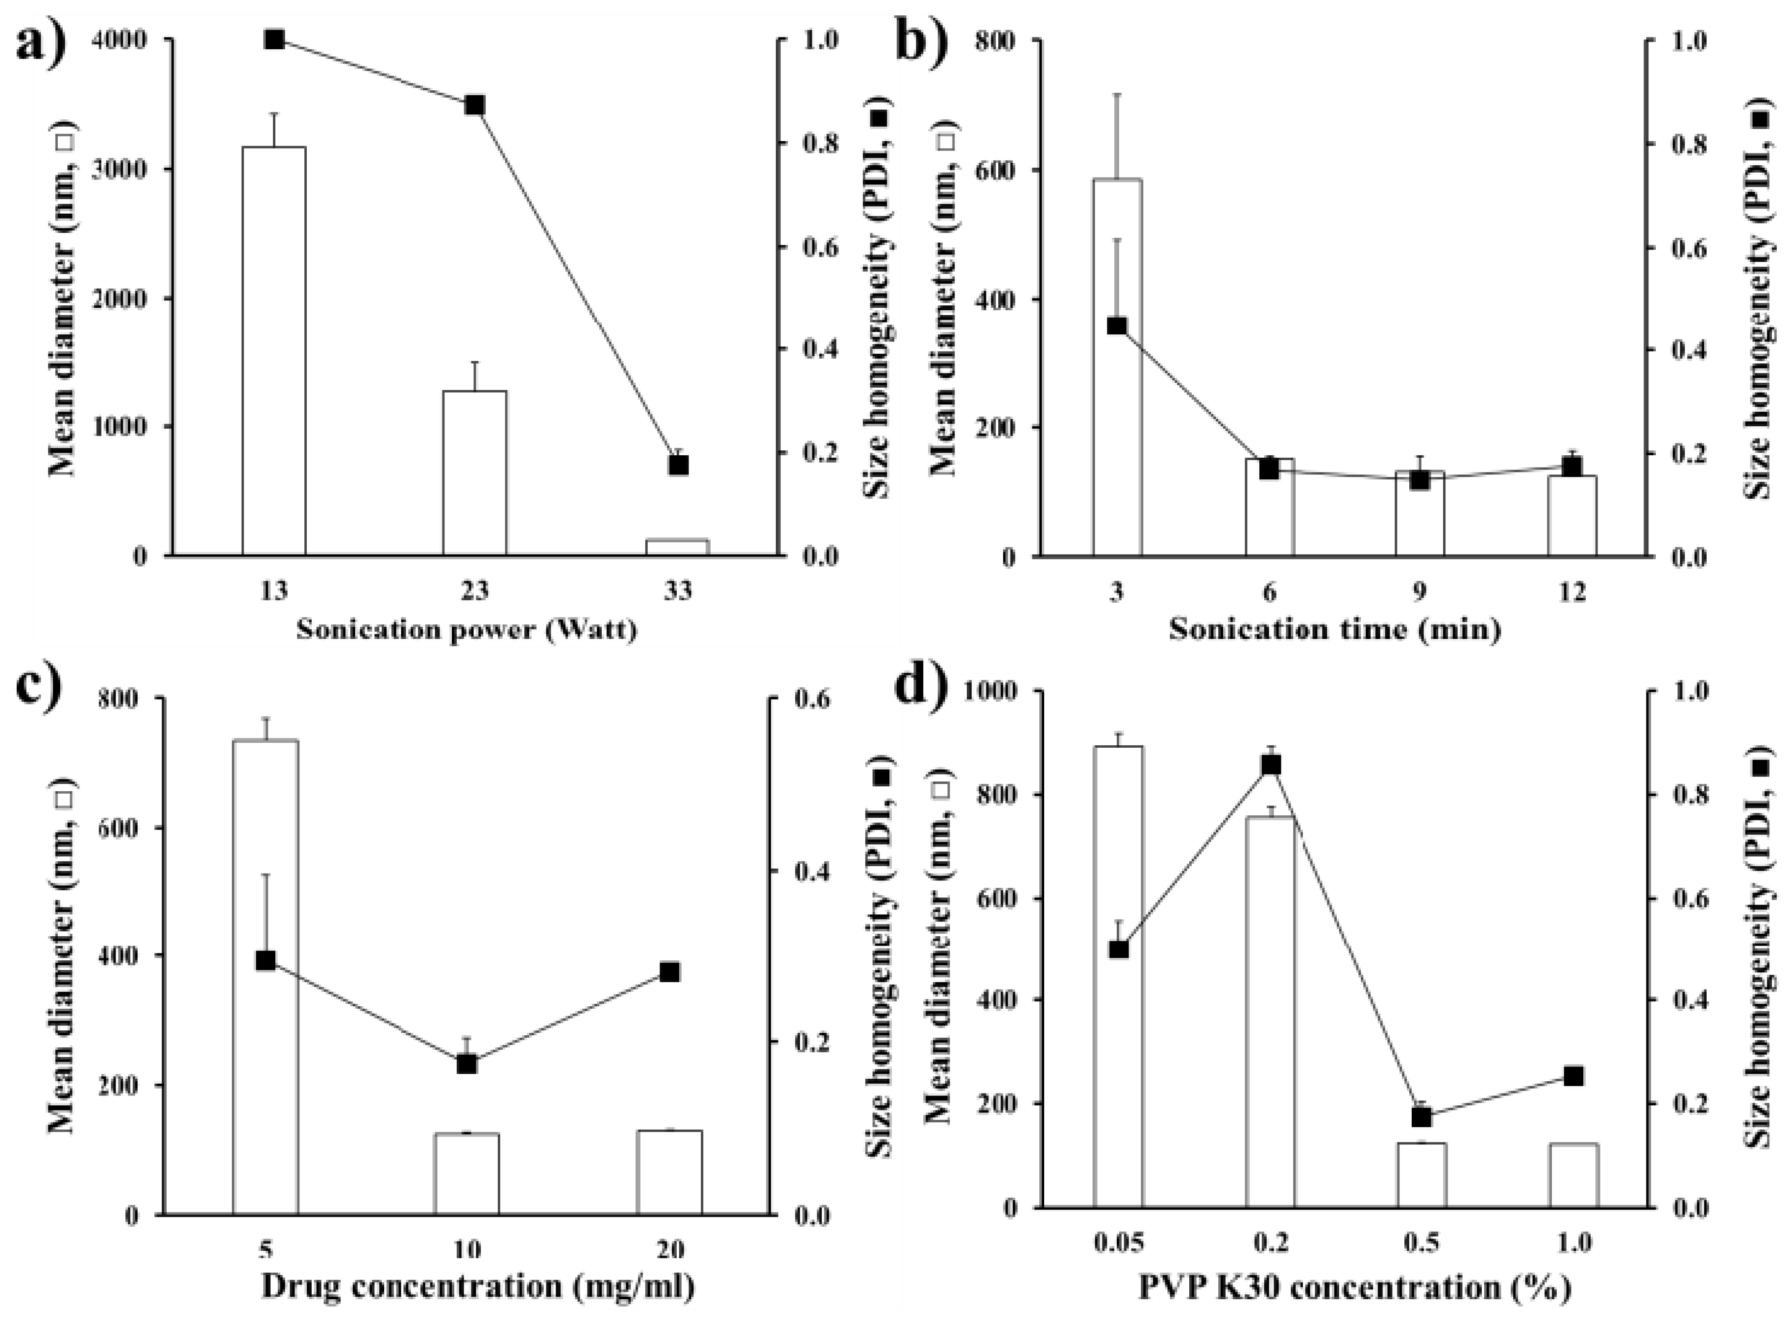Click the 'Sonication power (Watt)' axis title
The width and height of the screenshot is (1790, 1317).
467,630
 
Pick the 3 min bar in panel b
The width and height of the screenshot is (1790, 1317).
1117,366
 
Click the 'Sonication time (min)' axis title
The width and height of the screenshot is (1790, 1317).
1335,630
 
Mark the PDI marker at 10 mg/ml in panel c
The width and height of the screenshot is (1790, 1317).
467,1063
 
